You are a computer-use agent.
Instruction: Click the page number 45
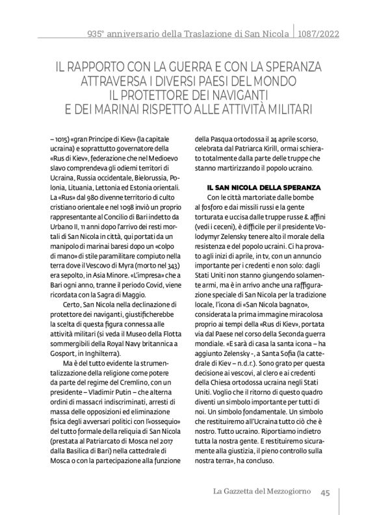pos(326,492)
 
